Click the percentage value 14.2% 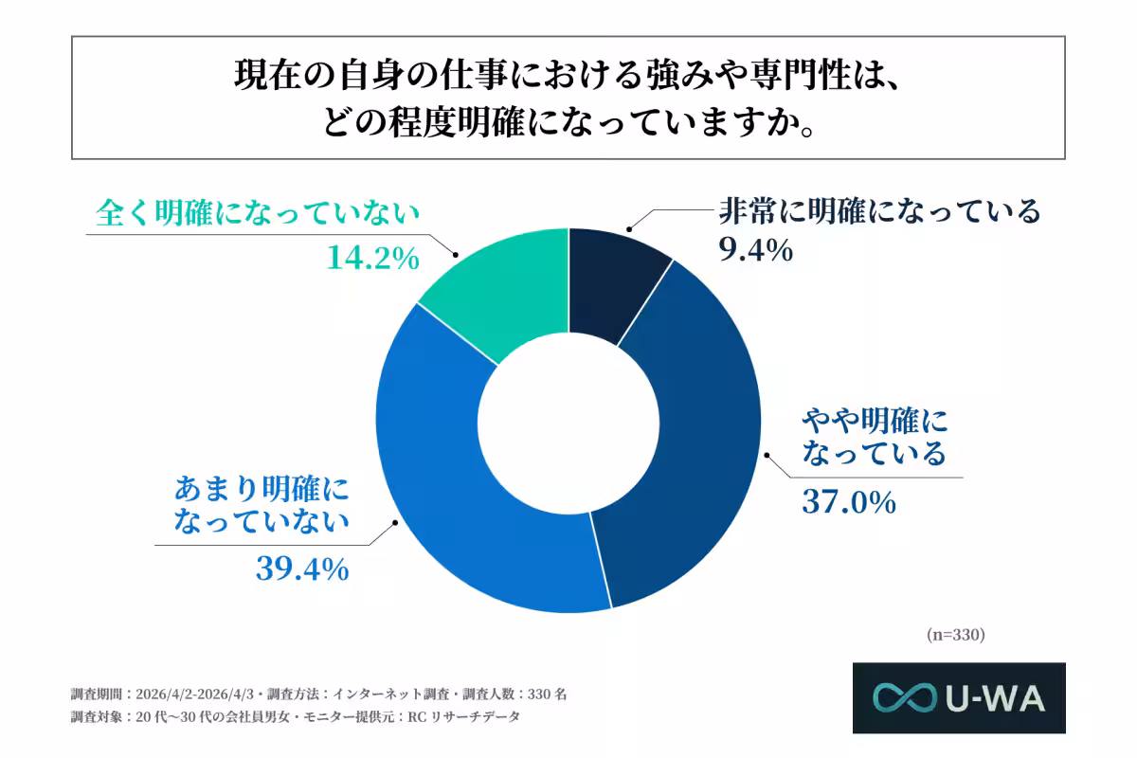372,258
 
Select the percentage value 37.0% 849,501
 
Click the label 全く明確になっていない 257,214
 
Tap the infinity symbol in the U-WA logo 905,698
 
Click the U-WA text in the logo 995,698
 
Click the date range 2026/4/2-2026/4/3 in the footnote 197,694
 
